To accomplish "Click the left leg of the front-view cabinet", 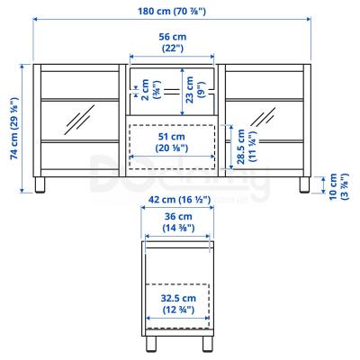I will pyautogui.click(x=40, y=188).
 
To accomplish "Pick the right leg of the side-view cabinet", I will pyautogui.click(x=204, y=344).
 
